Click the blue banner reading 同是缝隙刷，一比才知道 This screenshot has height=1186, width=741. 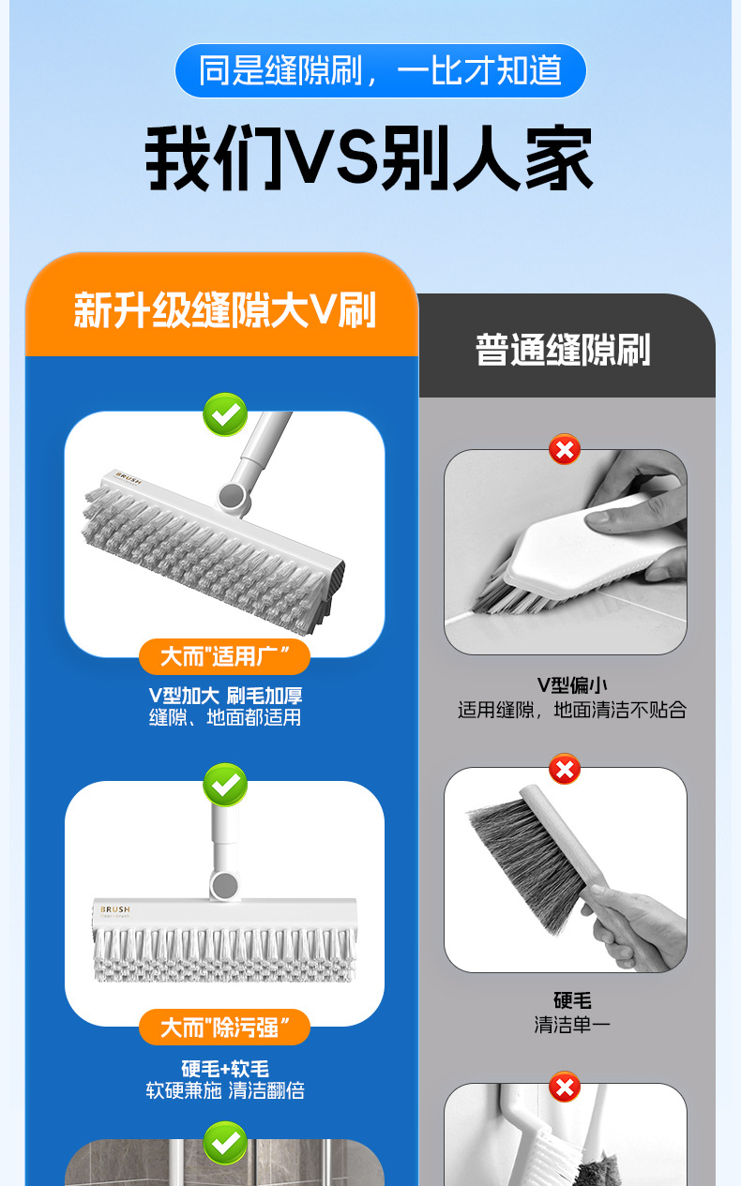point(380,70)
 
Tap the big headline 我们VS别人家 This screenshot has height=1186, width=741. point(369,158)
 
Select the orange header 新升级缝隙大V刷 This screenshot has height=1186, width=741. point(224,309)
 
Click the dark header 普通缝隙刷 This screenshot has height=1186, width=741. point(563,350)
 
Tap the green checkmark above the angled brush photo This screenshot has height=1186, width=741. point(225,414)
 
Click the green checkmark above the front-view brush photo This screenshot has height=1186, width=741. point(225,785)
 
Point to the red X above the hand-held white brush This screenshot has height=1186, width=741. point(565,450)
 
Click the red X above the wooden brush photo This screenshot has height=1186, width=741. point(565,769)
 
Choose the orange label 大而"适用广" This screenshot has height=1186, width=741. point(224,656)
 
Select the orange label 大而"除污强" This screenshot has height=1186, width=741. point(224,1028)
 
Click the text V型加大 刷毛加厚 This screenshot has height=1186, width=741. point(225,696)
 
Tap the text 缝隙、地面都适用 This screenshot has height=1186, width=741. point(225,717)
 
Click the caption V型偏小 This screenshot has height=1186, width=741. point(572,685)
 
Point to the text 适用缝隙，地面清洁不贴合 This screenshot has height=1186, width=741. point(572,710)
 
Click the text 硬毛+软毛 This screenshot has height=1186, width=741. point(225,1069)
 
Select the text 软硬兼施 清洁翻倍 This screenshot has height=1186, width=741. point(225,1090)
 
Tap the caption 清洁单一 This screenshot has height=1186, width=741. point(572,1025)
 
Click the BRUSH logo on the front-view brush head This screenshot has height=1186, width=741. point(115,909)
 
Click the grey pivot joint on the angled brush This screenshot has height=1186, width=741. point(232,496)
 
